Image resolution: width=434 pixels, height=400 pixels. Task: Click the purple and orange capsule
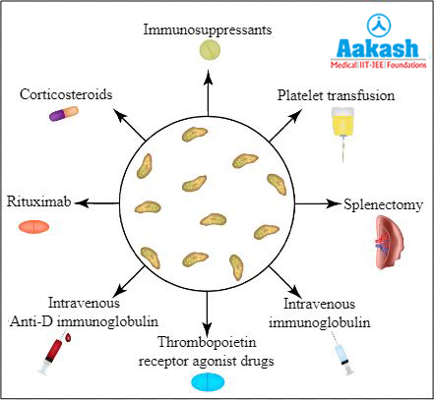tap(66, 115)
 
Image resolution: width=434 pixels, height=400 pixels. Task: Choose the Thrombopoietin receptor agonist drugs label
tap(209, 351)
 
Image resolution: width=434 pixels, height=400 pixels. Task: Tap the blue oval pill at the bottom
tap(209, 382)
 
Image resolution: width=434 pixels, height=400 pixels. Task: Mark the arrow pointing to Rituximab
tap(94, 203)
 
